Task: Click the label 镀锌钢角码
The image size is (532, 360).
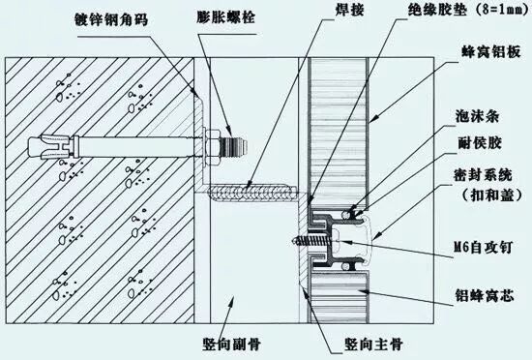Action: coord(111,20)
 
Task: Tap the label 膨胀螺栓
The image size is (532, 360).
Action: coord(226,17)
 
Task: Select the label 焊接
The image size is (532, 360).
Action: coord(349,9)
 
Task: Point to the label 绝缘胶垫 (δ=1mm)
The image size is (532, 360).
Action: coord(468,11)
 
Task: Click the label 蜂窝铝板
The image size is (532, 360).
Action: coord(490,52)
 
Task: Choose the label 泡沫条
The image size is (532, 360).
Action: coord(477,116)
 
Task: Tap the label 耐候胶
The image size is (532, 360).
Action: coord(480,143)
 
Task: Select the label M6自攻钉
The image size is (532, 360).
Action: coord(483,248)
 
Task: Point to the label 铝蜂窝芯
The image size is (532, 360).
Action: coord(485,295)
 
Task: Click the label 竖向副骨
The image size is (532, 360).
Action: coord(231,345)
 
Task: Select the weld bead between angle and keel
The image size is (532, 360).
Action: coord(251,194)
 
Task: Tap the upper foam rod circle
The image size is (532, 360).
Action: coord(345,214)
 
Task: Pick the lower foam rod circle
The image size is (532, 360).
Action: coord(345,267)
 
